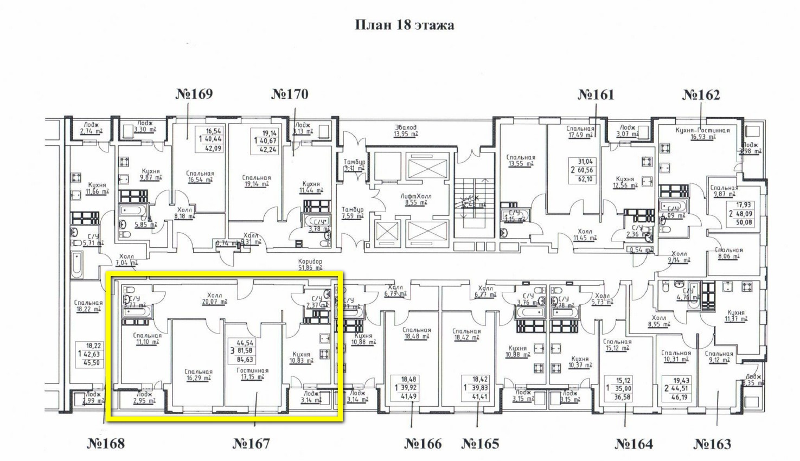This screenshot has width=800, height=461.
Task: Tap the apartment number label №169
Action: (194, 94)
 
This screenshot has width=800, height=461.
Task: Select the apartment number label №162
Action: (701, 95)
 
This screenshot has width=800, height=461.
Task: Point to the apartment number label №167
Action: (251, 444)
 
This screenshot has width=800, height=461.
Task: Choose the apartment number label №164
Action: (634, 444)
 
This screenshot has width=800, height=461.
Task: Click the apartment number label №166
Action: (423, 444)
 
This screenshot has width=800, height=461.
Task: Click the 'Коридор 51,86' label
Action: (310, 264)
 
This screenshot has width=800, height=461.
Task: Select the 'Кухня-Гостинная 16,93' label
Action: (702, 133)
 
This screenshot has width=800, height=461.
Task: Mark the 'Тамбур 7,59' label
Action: (353, 213)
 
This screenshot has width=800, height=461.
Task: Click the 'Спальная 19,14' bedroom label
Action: (256, 181)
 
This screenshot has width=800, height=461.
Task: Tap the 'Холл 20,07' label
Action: (212, 299)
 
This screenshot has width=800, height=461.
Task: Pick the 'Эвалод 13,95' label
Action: (406, 130)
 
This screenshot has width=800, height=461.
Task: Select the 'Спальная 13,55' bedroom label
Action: (520, 160)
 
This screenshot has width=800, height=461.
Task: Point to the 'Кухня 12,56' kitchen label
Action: (625, 182)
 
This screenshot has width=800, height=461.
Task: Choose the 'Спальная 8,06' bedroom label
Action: (729, 254)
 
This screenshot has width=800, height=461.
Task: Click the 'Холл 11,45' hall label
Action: (585, 234)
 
